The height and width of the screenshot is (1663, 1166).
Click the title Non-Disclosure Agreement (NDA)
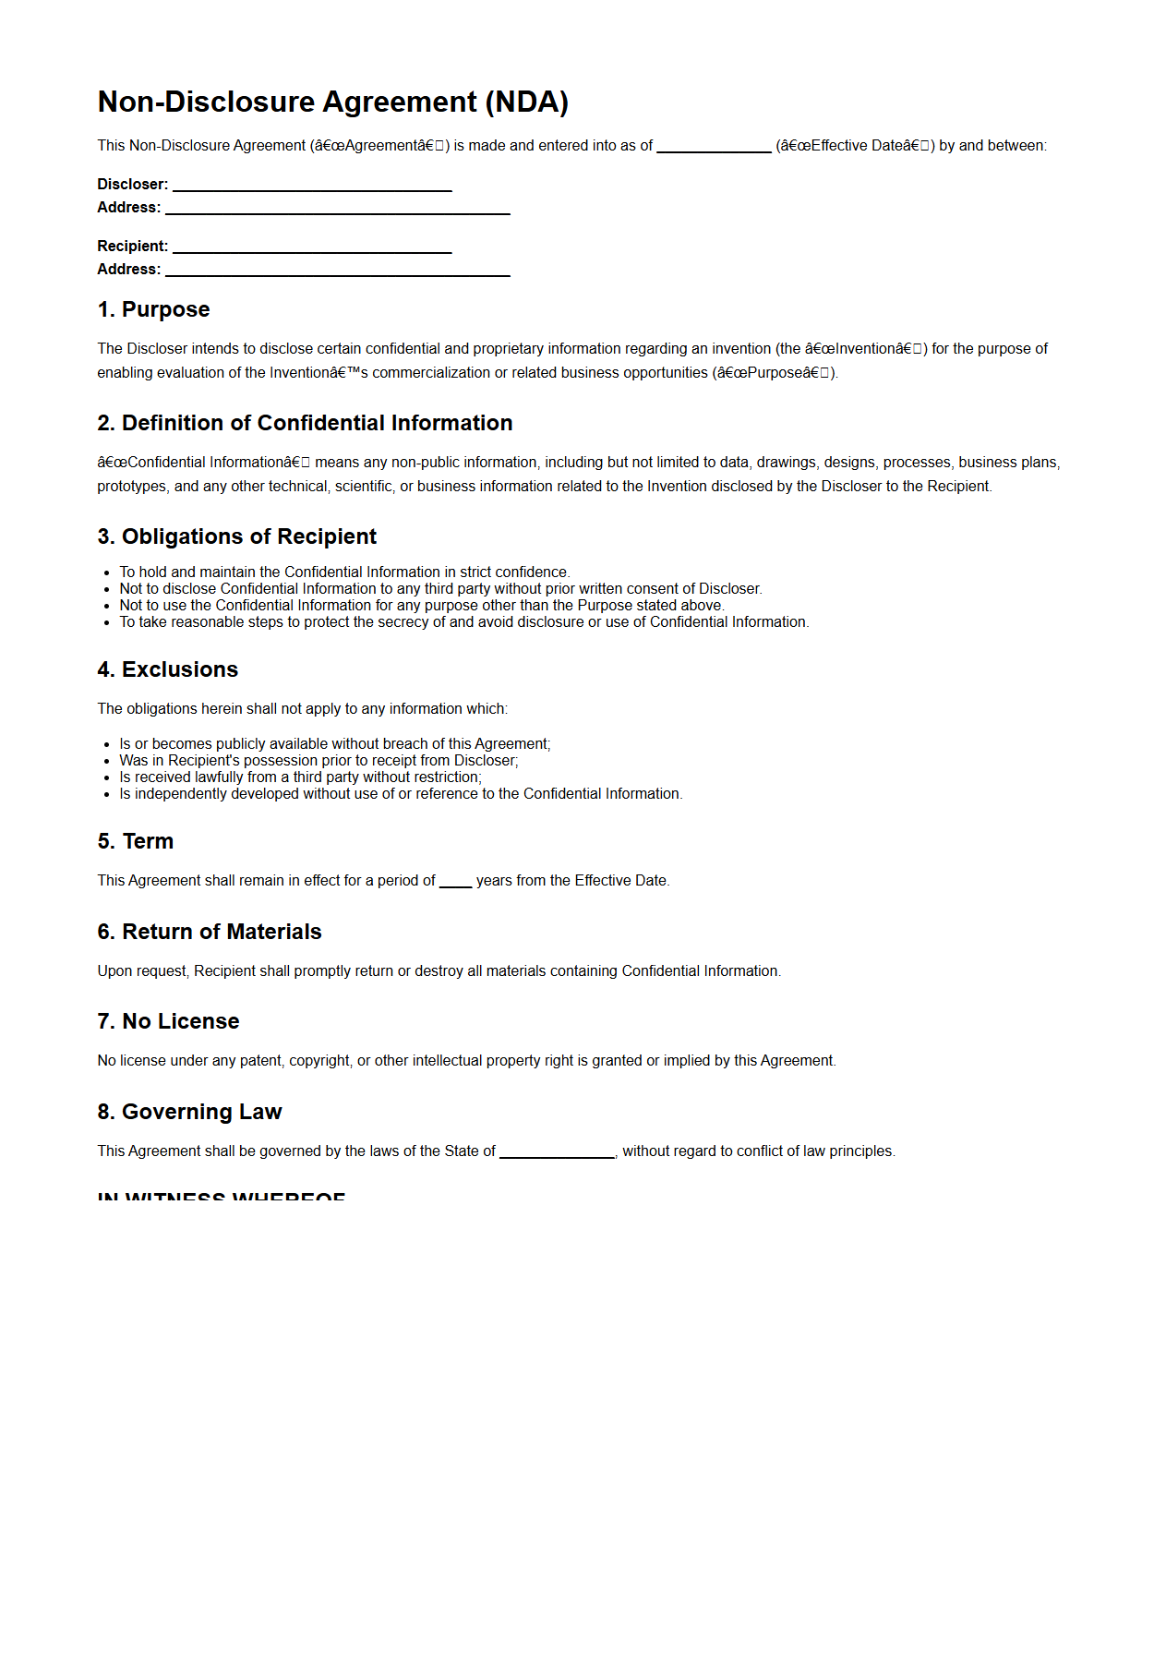click(332, 102)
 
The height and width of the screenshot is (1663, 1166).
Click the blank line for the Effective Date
click(714, 148)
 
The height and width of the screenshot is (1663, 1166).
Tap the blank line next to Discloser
click(312, 187)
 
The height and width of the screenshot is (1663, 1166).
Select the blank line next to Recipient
click(312, 248)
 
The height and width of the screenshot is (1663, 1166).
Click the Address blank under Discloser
click(337, 210)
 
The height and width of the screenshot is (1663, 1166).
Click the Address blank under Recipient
click(337, 271)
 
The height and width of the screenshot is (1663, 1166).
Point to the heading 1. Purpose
click(153, 309)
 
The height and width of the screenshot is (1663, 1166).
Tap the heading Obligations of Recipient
click(236, 536)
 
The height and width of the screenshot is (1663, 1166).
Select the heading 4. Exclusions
click(167, 669)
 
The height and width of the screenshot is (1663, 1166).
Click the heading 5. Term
click(135, 841)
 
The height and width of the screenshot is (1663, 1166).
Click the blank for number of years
click(455, 883)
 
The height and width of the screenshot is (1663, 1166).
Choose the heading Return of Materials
click(210, 932)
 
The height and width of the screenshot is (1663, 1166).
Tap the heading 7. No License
click(168, 1021)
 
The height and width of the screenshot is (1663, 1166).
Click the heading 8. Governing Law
click(189, 1112)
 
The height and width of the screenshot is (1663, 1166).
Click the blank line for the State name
click(557, 1153)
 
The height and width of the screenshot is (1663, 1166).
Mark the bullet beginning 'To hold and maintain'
click(344, 572)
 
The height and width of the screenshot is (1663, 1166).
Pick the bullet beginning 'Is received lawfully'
click(300, 777)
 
